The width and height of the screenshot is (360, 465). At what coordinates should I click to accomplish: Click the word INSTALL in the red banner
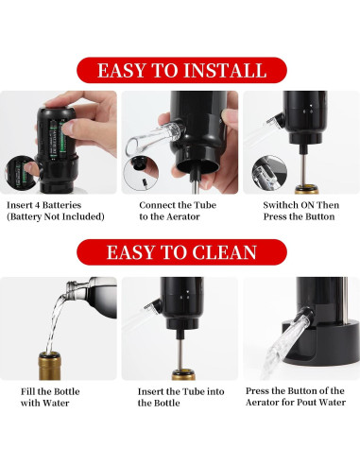tap(225, 70)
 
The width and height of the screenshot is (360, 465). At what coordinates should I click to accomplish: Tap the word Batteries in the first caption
tap(61, 205)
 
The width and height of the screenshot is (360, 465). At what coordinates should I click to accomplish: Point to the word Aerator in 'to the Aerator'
tap(183, 216)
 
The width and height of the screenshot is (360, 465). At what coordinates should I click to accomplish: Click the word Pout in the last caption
tap(307, 403)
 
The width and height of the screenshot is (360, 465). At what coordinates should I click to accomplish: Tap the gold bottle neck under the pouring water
tap(49, 366)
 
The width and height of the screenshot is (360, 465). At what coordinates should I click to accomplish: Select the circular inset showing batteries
tap(22, 173)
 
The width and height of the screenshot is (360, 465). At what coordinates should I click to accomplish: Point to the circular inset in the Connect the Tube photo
tap(141, 174)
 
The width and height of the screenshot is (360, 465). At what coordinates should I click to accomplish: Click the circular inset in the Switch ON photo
tap(269, 173)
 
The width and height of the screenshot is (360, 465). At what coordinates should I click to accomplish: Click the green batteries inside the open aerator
tap(58, 139)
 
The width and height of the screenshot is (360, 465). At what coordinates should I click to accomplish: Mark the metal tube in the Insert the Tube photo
tap(180, 355)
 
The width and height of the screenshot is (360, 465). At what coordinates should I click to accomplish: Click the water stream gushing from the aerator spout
tap(283, 347)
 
